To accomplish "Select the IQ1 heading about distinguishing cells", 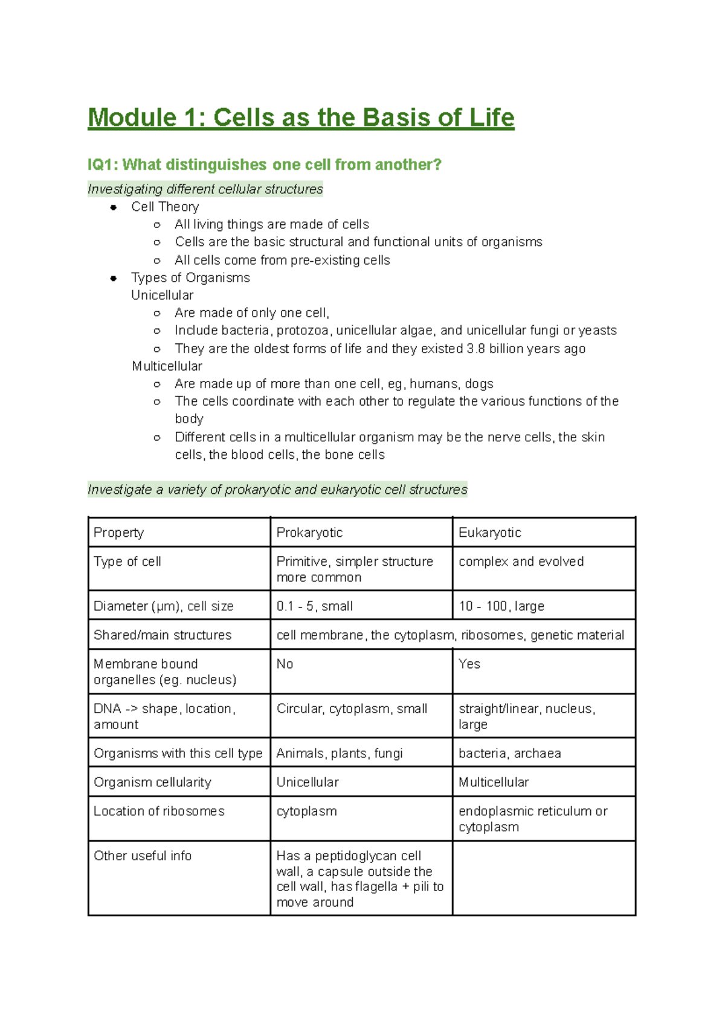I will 264,164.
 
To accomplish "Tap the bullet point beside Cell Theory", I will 113,207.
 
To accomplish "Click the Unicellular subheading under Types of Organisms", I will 162,295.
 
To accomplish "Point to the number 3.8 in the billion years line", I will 475,349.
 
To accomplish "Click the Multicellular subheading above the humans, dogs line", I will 167,366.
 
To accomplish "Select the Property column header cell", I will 119,533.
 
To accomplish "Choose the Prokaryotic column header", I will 309,533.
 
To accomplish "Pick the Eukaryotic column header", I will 489,533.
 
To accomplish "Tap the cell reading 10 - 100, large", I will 501,606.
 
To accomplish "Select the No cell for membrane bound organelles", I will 285,664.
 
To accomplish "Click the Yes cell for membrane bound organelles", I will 469,664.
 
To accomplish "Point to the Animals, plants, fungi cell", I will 339,754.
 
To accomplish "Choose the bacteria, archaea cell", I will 509,754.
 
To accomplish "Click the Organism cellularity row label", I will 152,782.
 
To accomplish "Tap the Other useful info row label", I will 143,856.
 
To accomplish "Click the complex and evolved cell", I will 521,562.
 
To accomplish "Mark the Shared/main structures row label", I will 163,635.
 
